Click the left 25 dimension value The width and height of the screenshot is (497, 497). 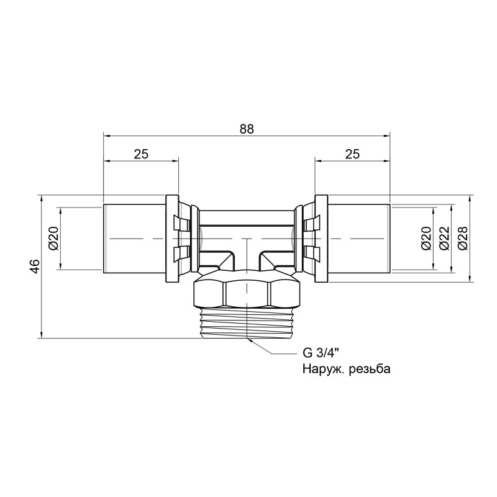[141, 154]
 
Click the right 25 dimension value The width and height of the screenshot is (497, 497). [352, 154]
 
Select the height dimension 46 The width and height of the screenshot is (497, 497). [35, 267]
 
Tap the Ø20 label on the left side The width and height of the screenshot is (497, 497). [53, 238]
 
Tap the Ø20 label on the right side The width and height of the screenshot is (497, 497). [426, 238]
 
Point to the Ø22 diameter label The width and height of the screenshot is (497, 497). [444, 238]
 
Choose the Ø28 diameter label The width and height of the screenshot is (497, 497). [462, 238]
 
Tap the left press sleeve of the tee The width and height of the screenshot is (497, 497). [134, 238]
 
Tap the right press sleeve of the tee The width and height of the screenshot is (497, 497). [359, 238]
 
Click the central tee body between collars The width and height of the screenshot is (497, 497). [247, 233]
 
